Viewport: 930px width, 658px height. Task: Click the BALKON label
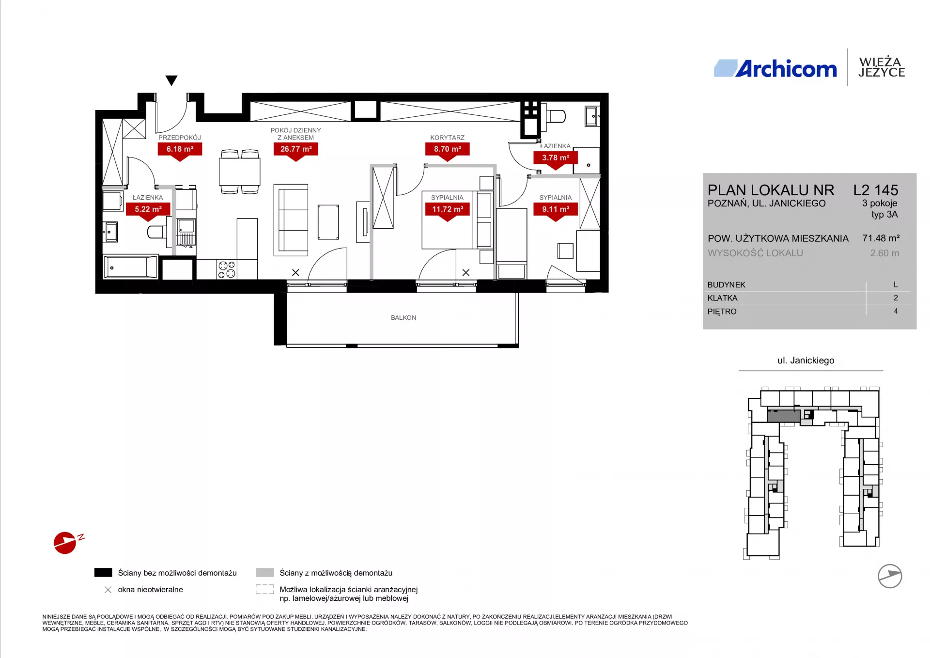(x=403, y=318)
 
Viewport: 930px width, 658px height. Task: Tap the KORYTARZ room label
(x=447, y=138)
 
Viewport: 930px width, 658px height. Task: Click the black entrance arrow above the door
(x=171, y=80)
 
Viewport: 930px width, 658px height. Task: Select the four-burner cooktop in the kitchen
(x=227, y=269)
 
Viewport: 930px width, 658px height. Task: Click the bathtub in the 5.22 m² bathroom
(x=131, y=267)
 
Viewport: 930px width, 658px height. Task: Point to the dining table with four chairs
(x=240, y=172)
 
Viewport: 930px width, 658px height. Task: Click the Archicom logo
(x=775, y=69)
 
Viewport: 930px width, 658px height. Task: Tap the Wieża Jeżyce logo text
(x=881, y=67)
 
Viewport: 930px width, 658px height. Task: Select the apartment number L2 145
(x=876, y=190)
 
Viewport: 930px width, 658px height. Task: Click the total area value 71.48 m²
(x=881, y=238)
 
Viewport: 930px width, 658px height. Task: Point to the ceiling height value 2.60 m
(x=884, y=253)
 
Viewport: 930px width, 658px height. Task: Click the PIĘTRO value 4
(x=896, y=312)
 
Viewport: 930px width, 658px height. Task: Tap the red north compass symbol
(x=65, y=543)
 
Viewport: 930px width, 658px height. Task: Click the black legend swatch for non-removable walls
(x=103, y=573)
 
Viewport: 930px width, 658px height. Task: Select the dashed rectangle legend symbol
(x=265, y=590)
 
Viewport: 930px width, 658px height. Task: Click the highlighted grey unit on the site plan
(x=784, y=416)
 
